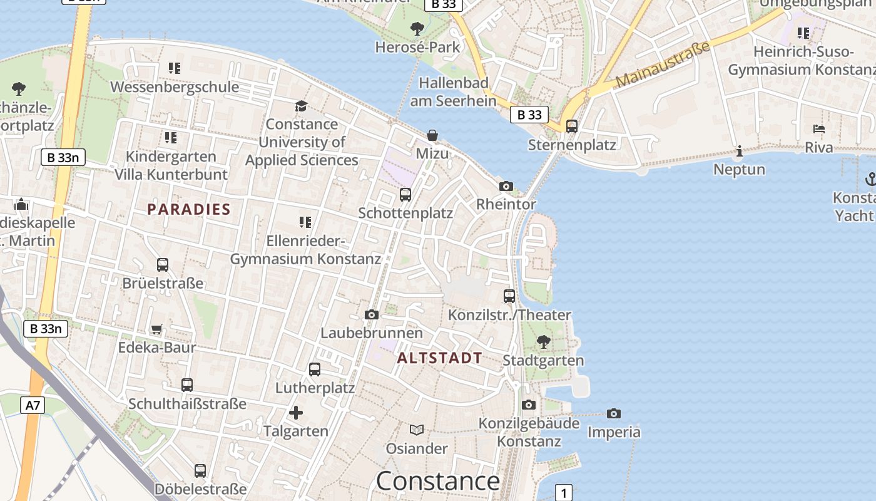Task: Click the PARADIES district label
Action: pos(189,209)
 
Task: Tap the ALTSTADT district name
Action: pos(440,358)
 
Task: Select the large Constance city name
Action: pos(437,481)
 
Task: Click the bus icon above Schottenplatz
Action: pos(405,195)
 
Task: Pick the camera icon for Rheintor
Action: pos(506,186)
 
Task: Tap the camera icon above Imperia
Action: pos(614,413)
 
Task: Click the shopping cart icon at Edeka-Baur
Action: pos(157,329)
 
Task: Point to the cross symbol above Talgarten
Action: pos(296,413)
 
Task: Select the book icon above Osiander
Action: pos(417,430)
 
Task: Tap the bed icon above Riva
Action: pos(819,129)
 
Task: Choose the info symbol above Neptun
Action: pos(740,151)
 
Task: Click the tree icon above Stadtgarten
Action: pos(544,342)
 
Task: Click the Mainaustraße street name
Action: pos(663,65)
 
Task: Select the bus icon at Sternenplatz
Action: pos(572,127)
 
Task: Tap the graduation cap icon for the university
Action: pos(302,105)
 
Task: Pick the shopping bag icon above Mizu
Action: pos(432,135)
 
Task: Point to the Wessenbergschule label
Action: pos(175,86)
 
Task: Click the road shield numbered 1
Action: pos(564,492)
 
